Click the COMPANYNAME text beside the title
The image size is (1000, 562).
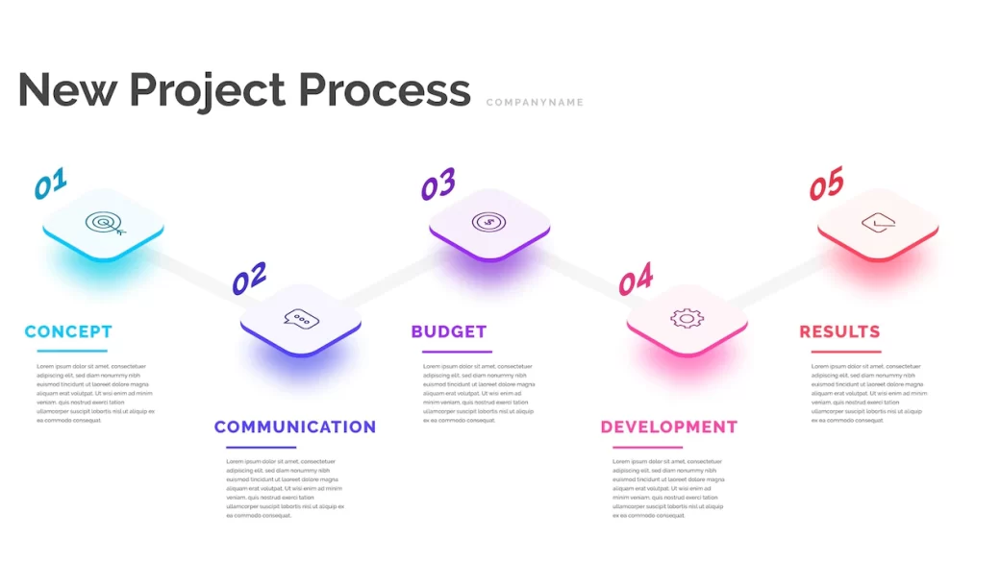[x=535, y=103]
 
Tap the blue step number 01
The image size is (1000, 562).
[x=50, y=183]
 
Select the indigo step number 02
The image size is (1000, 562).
[x=249, y=279]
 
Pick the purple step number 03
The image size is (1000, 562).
[x=438, y=183]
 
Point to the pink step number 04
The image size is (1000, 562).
[x=636, y=279]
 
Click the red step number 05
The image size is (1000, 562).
[x=826, y=183]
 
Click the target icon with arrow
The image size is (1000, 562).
[x=105, y=224]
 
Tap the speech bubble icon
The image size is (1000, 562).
[x=301, y=320]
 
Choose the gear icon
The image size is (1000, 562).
[x=687, y=318]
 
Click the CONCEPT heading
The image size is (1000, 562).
[x=68, y=331]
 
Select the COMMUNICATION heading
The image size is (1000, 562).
[x=295, y=427]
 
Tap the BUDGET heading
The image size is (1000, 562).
[x=449, y=331]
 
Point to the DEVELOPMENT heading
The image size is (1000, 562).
[x=669, y=427]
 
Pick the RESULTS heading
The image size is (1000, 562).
[x=839, y=331]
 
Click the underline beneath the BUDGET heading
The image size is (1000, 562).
[x=457, y=352]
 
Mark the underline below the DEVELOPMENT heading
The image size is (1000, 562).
[x=647, y=447]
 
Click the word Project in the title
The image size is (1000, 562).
[x=208, y=90]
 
